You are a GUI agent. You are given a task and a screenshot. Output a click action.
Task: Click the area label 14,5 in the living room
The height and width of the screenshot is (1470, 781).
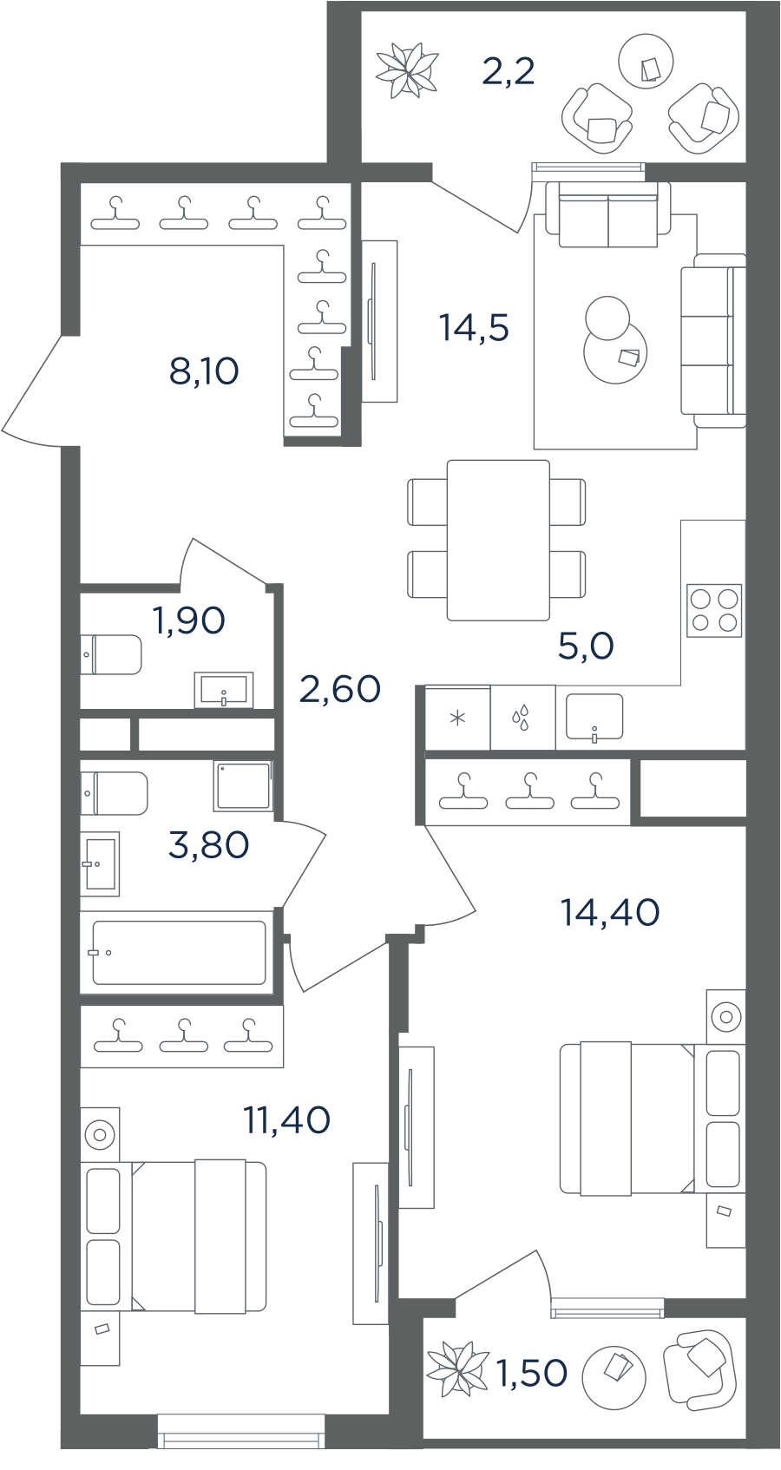[474, 327]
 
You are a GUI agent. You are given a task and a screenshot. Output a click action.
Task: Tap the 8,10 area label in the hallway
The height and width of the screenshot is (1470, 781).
[204, 371]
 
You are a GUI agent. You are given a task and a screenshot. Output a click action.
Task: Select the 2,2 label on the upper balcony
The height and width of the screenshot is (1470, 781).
[508, 71]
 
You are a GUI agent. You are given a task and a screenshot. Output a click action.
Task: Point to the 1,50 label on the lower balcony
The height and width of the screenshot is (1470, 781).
[532, 1373]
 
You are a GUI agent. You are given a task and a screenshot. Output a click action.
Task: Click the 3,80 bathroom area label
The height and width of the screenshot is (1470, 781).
[209, 844]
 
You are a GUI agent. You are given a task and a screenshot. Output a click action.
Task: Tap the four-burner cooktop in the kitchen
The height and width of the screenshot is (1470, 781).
[714, 610]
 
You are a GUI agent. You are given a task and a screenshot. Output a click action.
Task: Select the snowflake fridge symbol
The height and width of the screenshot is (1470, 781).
[457, 718]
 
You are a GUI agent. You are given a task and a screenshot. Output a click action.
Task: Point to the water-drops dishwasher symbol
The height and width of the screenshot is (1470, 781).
[521, 718]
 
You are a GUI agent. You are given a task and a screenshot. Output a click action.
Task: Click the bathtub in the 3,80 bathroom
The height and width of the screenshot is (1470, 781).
[179, 952]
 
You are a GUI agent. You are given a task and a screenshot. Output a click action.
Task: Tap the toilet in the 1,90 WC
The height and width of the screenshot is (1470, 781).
[111, 654]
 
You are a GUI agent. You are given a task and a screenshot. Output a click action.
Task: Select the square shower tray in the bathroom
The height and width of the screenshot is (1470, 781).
[242, 785]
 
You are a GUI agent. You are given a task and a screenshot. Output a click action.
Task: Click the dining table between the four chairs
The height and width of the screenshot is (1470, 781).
[498, 540]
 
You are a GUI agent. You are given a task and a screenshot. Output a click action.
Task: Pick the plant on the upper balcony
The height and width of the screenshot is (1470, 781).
[406, 69]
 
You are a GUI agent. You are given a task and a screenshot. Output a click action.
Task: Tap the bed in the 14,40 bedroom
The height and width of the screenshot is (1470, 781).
[627, 1119]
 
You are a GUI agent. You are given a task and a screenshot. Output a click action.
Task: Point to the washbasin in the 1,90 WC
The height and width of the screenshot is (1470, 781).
[224, 690]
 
